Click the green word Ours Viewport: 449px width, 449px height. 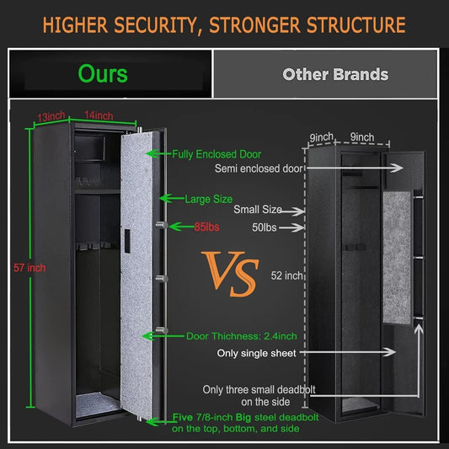pyautogui.click(x=103, y=73)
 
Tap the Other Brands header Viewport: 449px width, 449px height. pyautogui.click(x=335, y=74)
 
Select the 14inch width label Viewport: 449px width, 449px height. pyautogui.click(x=99, y=116)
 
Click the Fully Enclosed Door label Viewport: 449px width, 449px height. pyautogui.click(x=217, y=154)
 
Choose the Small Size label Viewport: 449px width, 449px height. pyautogui.click(x=257, y=211)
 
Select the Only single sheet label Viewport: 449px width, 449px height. pyautogui.click(x=256, y=353)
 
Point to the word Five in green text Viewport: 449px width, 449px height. pyautogui.click(x=183, y=417)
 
